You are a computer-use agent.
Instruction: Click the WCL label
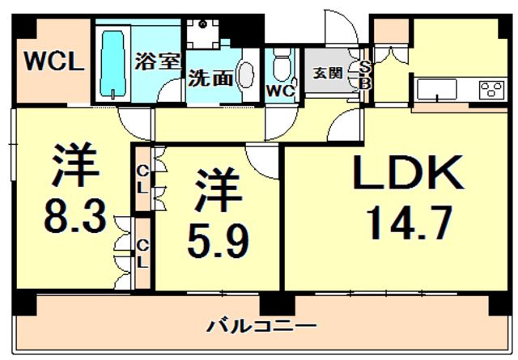tap(54, 62)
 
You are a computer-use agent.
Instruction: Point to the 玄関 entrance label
tap(327, 73)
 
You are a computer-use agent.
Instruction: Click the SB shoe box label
tap(364, 74)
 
